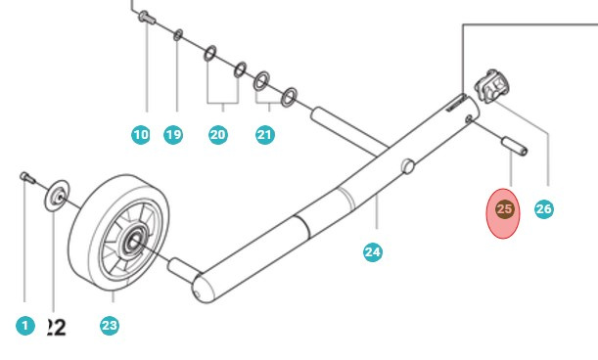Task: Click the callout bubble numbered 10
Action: click(141, 136)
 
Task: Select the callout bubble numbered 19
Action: click(173, 136)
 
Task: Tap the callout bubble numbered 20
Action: click(218, 136)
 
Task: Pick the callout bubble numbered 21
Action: click(265, 136)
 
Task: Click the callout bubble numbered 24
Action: click(372, 252)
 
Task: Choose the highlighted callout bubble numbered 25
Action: click(505, 209)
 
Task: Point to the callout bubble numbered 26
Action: click(544, 209)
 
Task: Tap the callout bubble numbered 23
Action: click(110, 326)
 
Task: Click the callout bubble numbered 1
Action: click(25, 326)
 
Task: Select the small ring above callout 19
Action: click(177, 36)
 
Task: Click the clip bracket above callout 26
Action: click(491, 89)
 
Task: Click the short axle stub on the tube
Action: click(179, 265)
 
